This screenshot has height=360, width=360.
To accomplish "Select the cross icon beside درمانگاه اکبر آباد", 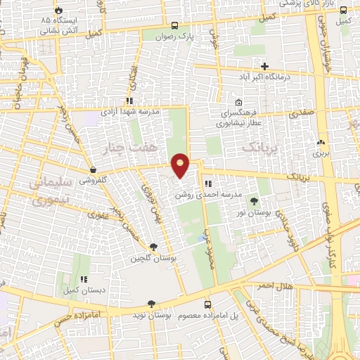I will (x=264, y=66).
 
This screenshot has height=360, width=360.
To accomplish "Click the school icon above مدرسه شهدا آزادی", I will (x=129, y=101).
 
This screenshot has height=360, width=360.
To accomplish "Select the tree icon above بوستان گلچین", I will (x=153, y=246).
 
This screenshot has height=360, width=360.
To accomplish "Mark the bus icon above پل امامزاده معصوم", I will (x=207, y=304).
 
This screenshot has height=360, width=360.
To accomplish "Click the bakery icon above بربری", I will (x=321, y=141).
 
